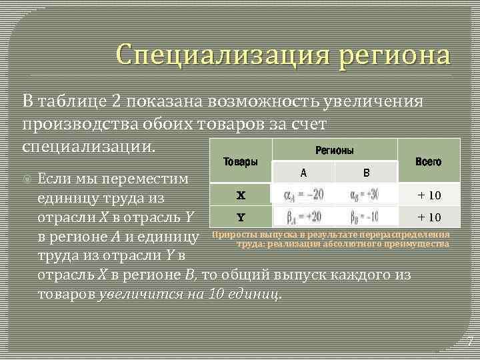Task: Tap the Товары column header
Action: [x=241, y=161]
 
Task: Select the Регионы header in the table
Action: [x=334, y=151]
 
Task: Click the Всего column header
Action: [x=428, y=161]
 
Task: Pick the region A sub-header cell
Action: [x=303, y=173]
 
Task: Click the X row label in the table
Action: [x=241, y=195]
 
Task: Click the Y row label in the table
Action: [x=241, y=217]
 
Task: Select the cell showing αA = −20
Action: [x=303, y=195]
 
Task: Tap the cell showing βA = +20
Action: [x=303, y=217]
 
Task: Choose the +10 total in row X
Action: [x=429, y=195]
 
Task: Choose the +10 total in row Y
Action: [x=429, y=217]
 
